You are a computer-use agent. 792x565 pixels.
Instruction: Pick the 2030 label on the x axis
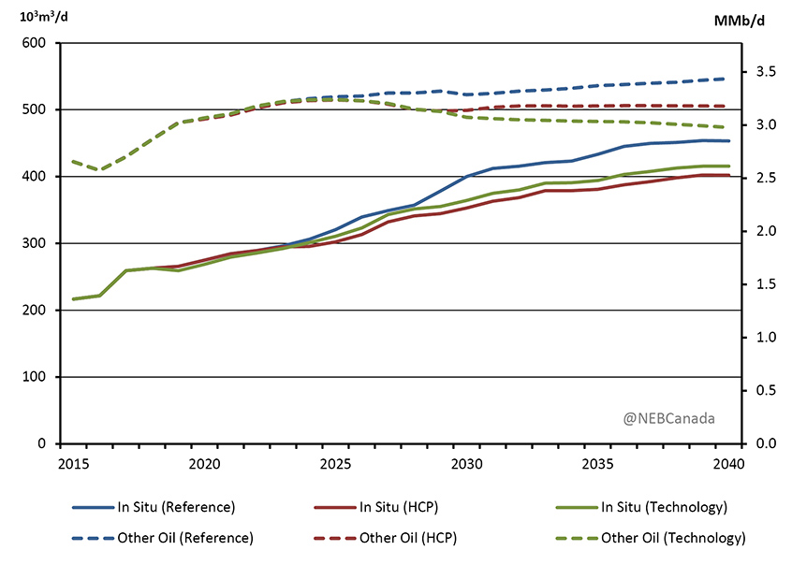[x=466, y=462]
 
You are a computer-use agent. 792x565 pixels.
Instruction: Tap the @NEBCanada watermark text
[x=668, y=417]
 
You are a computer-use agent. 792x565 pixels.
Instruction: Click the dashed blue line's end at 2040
[x=728, y=79]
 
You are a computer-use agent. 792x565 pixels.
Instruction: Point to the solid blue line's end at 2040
[x=728, y=141]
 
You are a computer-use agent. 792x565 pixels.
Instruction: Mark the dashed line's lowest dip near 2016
[x=100, y=169]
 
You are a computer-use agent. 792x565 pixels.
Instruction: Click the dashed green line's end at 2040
[x=728, y=127]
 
